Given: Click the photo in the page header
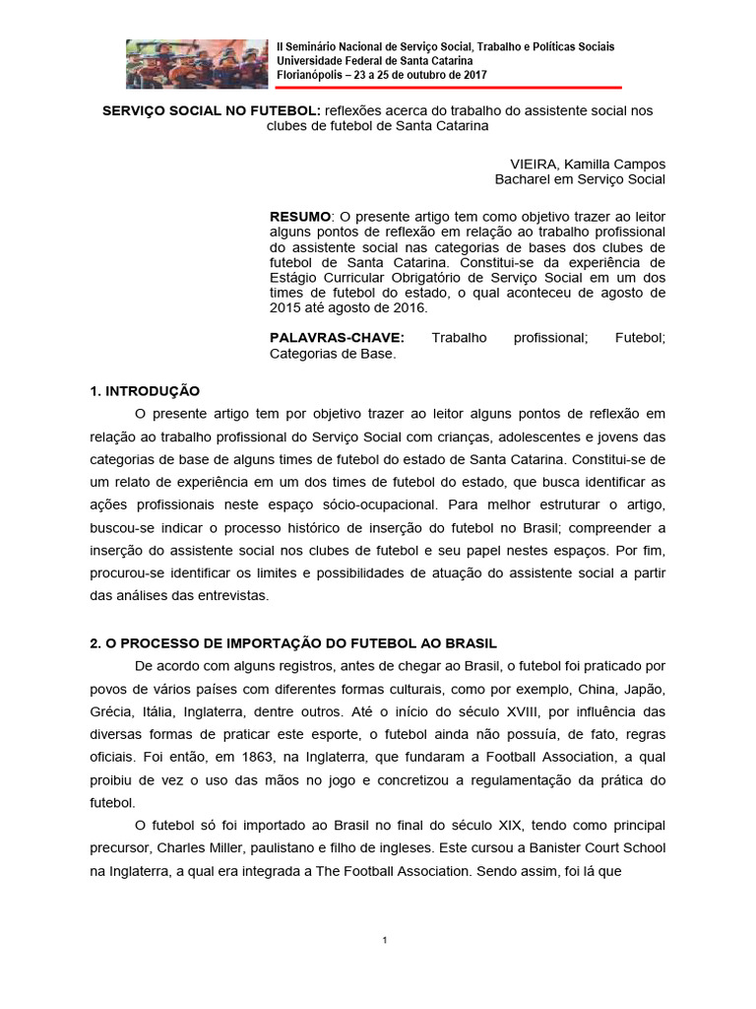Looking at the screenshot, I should tap(197, 64).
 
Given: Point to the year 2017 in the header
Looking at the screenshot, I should tap(472, 75).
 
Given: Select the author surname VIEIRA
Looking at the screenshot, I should tap(533, 164).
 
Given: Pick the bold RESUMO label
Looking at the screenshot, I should tap(300, 216).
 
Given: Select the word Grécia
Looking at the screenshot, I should tap(112, 711).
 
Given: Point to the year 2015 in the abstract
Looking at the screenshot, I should tap(285, 307).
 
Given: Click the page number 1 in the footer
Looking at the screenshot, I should tap(385, 941).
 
